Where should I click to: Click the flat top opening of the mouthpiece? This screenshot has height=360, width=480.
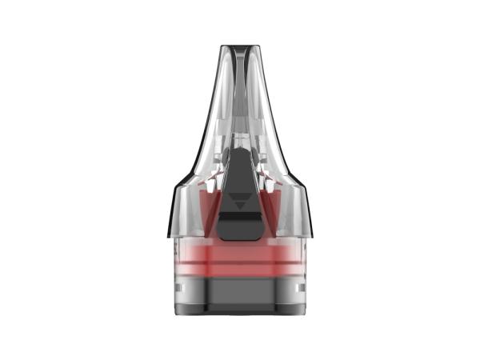tap(239, 46)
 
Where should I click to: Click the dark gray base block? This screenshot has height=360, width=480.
tap(240, 296)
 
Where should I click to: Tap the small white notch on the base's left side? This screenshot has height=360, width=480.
tap(178, 286)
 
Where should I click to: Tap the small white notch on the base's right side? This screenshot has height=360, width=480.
tap(302, 286)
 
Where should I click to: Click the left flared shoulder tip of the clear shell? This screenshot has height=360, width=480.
tap(170, 234)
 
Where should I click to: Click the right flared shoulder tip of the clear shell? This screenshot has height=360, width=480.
tap(310, 234)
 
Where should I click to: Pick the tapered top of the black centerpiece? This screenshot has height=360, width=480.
tap(240, 144)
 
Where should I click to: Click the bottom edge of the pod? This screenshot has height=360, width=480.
tap(240, 314)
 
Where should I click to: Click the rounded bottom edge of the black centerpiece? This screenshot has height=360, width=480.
tap(240, 238)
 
